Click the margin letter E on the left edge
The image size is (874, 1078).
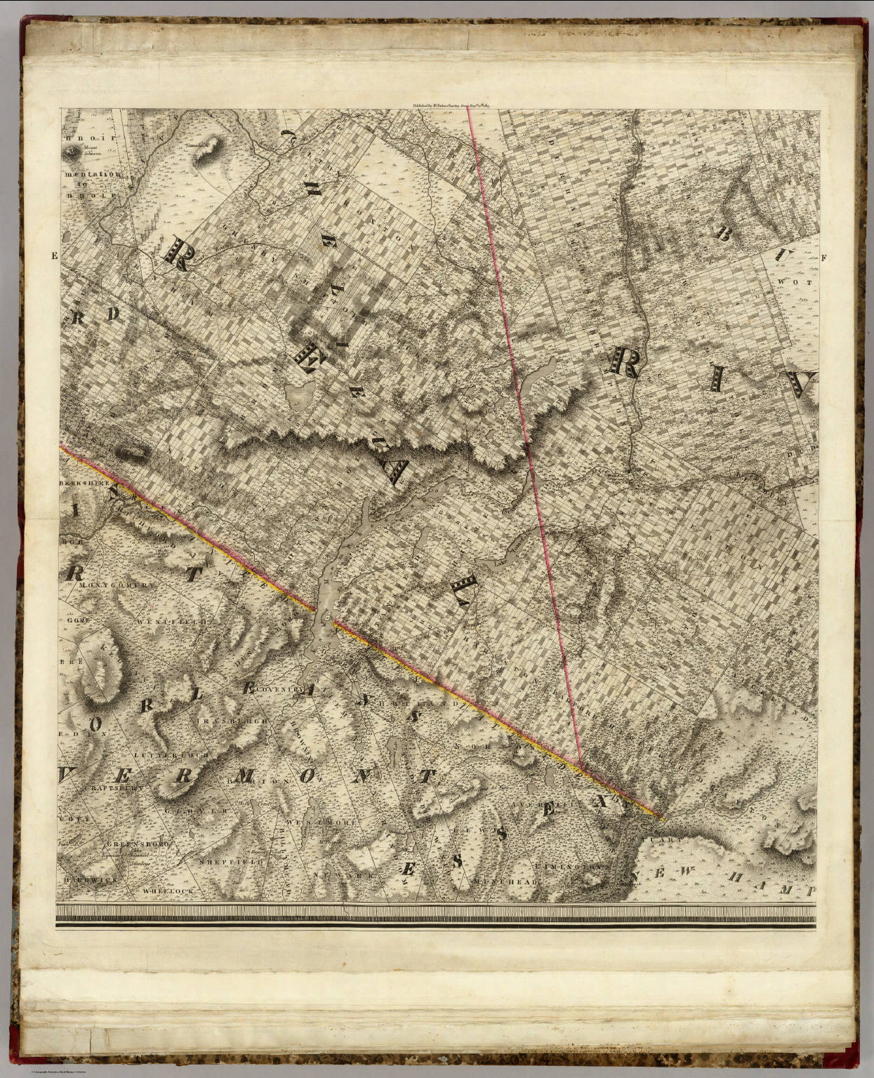point(53,256)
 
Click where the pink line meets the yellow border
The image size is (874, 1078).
point(582,767)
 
